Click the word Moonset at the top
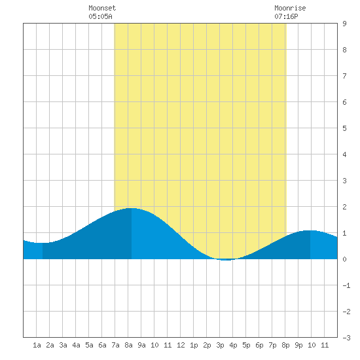tap(102, 8)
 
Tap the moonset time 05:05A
tap(100, 16)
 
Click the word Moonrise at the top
tap(290, 8)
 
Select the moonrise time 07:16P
tap(286, 16)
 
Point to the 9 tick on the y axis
tap(344, 24)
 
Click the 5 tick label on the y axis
tap(344, 128)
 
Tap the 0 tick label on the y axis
tap(344, 259)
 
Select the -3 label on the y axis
tap(346, 338)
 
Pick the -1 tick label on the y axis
tap(346, 285)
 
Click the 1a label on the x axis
tap(37, 345)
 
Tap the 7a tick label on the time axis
tap(115, 345)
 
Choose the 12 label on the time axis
tap(181, 345)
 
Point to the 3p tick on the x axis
tap(220, 345)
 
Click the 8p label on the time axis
tap(285, 345)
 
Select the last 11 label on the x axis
tap(325, 345)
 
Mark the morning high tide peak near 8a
tap(132, 208)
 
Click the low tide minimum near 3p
tap(226, 260)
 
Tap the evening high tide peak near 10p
tap(310, 230)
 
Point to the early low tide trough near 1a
tap(43, 243)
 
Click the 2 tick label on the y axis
tap(344, 207)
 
